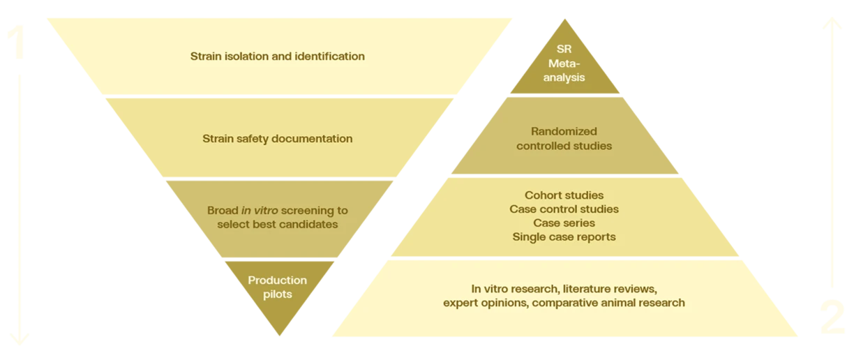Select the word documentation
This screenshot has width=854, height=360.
pyautogui.click(x=312, y=138)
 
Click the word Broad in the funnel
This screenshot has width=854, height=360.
pyautogui.click(x=223, y=210)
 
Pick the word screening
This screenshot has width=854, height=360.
pyautogui.click(x=315, y=210)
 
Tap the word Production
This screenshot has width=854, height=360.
pyautogui.click(x=278, y=280)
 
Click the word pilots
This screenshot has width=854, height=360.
pyautogui.click(x=278, y=294)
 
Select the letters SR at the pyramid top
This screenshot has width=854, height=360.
pyautogui.click(x=564, y=50)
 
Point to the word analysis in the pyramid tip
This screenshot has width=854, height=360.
pyautogui.click(x=564, y=77)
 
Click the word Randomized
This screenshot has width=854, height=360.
pyautogui.click(x=564, y=131)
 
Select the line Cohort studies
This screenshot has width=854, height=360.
pyautogui.click(x=564, y=195)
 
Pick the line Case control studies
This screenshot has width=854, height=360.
pyautogui.click(x=564, y=209)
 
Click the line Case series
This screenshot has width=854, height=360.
pyautogui.click(x=564, y=223)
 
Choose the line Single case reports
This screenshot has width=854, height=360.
pyautogui.click(x=564, y=237)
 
